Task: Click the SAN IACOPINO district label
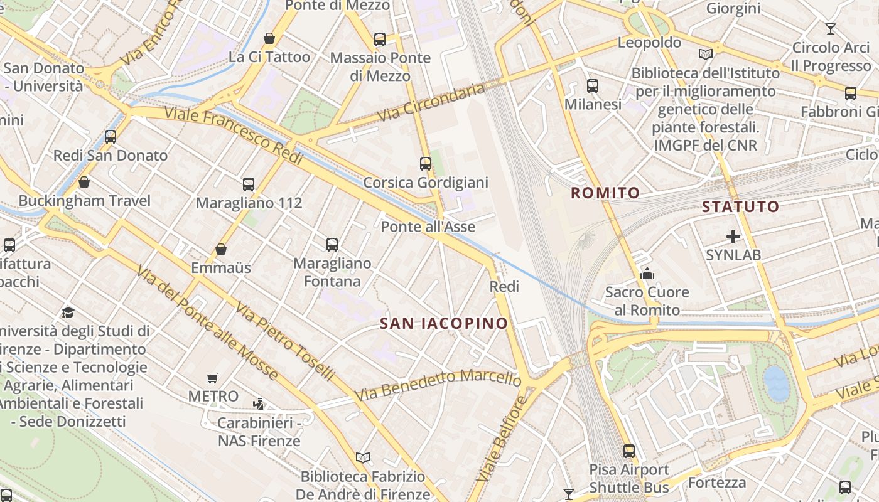(x=444, y=323)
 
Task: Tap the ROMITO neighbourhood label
(x=605, y=193)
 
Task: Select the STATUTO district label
(x=740, y=206)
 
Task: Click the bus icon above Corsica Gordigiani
(x=426, y=164)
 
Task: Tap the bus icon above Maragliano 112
(x=249, y=184)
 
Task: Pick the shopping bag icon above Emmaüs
(x=221, y=249)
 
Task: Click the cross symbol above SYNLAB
(x=733, y=237)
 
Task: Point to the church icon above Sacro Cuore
(x=647, y=274)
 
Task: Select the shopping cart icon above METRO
(x=213, y=378)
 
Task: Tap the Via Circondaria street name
(x=433, y=102)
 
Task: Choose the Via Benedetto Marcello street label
(x=438, y=384)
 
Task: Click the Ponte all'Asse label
(x=428, y=227)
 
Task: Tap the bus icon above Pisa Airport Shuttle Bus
(x=628, y=451)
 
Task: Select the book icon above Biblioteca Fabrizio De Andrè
(x=362, y=457)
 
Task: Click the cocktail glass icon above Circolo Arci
(x=831, y=29)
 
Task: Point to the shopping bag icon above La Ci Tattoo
(x=269, y=38)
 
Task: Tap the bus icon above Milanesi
(x=592, y=86)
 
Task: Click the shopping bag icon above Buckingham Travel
(x=84, y=182)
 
